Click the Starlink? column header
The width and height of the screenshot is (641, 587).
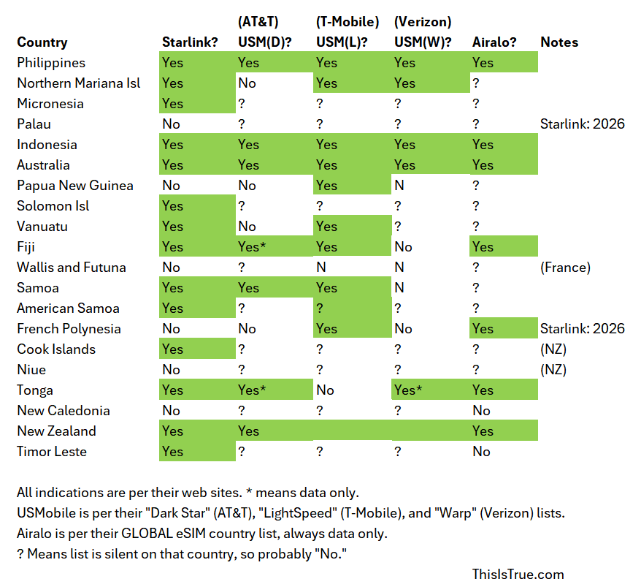click(x=190, y=42)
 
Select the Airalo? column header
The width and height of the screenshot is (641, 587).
click(x=494, y=42)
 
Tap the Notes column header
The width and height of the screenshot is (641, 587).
click(x=559, y=42)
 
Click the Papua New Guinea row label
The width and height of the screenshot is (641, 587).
click(x=75, y=186)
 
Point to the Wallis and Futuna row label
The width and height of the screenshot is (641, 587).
click(x=72, y=268)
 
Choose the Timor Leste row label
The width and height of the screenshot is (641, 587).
click(x=52, y=452)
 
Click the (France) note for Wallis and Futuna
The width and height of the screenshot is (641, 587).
click(x=566, y=268)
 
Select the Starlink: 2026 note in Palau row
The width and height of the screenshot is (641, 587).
click(x=583, y=124)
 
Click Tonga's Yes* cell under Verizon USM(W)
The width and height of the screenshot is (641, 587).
click(x=409, y=390)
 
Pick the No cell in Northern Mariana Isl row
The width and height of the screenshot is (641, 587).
click(x=247, y=83)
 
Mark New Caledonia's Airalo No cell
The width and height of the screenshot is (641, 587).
click(x=481, y=411)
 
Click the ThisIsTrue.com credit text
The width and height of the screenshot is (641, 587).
click(x=518, y=575)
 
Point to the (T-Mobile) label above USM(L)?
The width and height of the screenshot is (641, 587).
click(x=348, y=22)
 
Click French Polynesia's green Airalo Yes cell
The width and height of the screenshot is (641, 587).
click(x=483, y=329)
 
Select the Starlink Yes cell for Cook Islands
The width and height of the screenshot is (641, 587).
click(x=173, y=349)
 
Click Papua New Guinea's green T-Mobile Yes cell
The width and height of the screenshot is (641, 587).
click(x=327, y=186)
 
